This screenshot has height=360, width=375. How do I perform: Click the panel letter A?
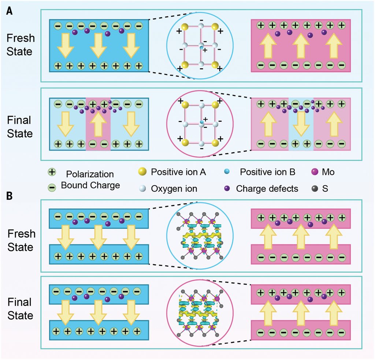(x=10, y=11)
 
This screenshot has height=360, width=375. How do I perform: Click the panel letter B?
(x=10, y=195)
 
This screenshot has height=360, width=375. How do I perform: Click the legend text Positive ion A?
(x=179, y=172)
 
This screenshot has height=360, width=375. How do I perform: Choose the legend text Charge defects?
(x=267, y=189)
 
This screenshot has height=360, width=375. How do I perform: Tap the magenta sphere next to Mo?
(x=314, y=172)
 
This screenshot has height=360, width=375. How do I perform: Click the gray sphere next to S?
(x=314, y=189)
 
